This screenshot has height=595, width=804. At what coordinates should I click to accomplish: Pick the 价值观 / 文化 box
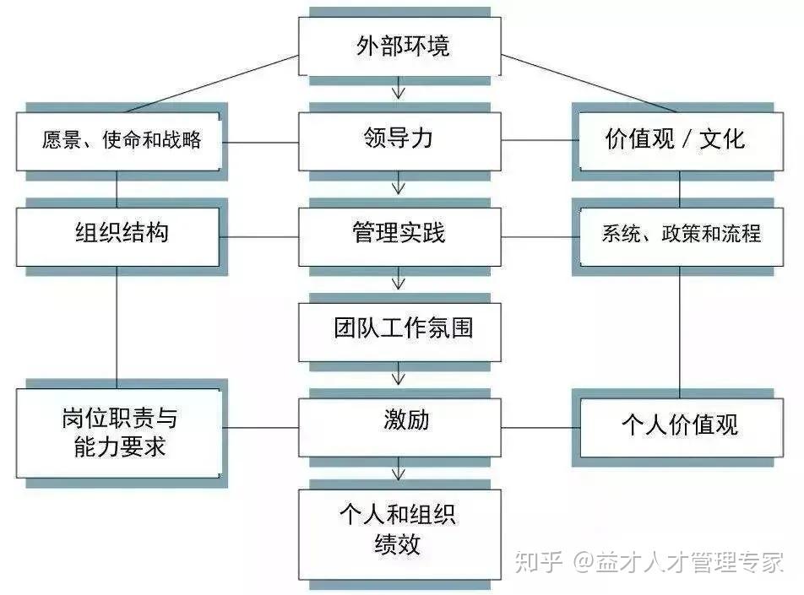(676, 139)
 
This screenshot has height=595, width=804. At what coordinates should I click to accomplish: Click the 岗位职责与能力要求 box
(118, 432)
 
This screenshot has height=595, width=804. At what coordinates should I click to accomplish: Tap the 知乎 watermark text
(538, 560)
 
